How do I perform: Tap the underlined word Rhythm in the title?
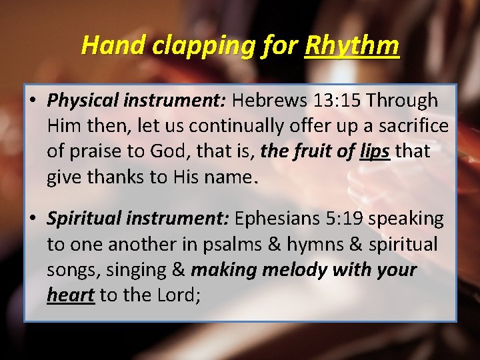coord(351,45)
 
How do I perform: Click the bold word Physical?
coord(83,101)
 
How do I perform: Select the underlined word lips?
coord(375,151)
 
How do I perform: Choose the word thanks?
coord(109,177)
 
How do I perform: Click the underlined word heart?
coord(70,295)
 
